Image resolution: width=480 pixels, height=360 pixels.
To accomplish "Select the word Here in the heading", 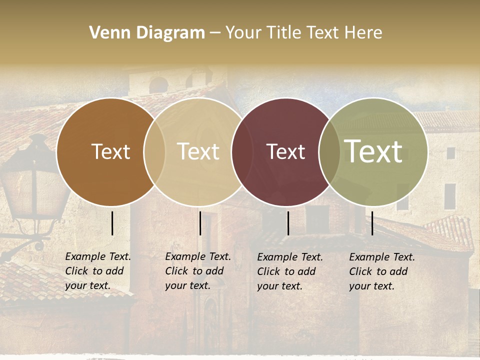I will tap(363, 33).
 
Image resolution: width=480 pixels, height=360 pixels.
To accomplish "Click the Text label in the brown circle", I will tap(110, 151).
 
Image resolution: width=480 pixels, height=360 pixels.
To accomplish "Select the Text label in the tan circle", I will tap(198, 151).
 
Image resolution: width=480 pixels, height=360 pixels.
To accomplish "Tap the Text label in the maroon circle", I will tap(285, 151).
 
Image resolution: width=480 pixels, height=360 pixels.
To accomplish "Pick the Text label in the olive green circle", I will tap(373, 151).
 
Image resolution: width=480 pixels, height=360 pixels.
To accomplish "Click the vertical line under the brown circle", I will tap(112, 223).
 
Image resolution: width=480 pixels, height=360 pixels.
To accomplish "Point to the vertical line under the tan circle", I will tap(200, 223).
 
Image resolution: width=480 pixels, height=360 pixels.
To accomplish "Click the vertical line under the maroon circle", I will tap(288, 223).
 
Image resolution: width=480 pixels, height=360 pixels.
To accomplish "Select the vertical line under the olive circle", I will tap(372, 223).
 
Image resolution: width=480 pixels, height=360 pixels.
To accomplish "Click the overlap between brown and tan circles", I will tap(154, 152).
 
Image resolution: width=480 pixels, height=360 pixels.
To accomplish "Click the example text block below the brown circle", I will tap(97, 271).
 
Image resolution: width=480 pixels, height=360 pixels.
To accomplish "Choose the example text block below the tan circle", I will tap(197, 271).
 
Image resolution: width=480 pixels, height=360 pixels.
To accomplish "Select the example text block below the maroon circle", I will tap(289, 271).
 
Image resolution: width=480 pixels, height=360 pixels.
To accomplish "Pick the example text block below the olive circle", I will tap(381, 271).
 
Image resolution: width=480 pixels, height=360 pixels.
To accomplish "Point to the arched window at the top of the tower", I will tap(159, 85).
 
